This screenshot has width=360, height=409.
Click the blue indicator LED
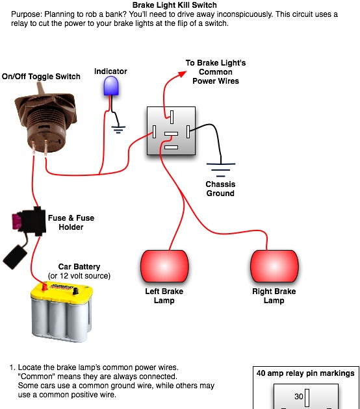111,86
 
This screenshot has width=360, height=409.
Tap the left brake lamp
164,266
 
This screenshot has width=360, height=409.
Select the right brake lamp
274,266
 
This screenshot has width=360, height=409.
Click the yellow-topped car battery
62,312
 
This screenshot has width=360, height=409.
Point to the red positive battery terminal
45,287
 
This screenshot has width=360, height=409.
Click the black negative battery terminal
75,291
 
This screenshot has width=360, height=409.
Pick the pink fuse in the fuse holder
16,221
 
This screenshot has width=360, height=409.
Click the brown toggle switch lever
41,88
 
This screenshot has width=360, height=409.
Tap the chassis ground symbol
221,170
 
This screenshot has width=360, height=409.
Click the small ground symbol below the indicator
118,130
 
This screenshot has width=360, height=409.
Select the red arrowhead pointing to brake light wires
182,74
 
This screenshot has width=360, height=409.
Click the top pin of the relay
172,117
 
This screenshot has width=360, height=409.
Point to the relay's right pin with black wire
188,131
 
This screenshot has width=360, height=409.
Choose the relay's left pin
154,131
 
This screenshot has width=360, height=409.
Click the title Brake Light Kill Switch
175,5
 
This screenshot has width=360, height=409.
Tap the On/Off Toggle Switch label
41,77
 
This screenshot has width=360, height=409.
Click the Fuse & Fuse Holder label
71,222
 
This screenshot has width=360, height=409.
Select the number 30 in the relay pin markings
299,397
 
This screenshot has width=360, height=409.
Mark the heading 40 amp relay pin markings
305,373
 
